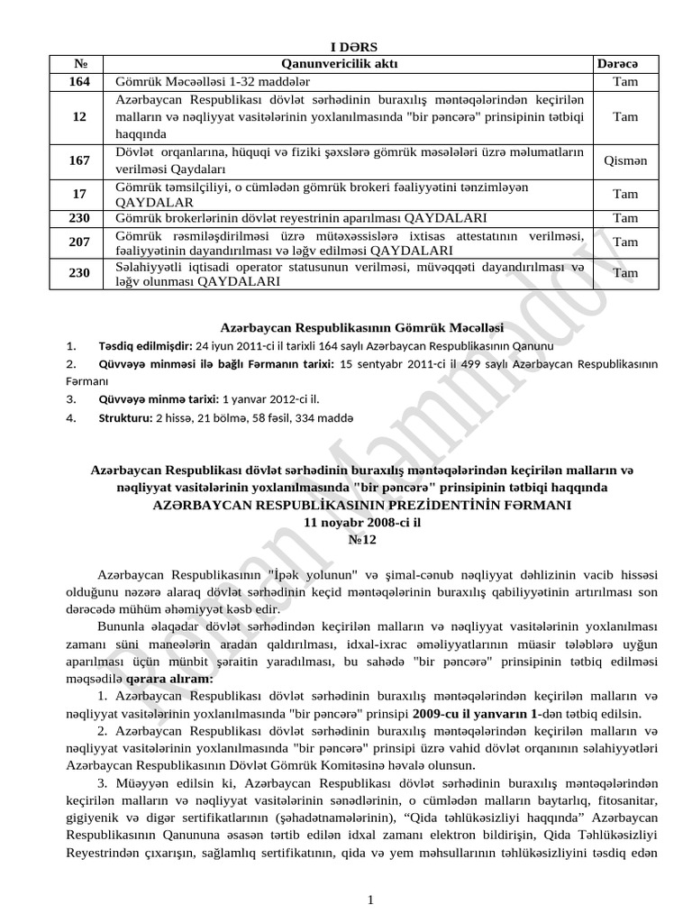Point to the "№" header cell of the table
79,64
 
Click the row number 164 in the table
79,81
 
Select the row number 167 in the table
79,160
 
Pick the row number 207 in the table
79,242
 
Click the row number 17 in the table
79,194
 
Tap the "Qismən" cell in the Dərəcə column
624,160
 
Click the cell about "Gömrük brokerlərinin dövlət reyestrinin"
302,218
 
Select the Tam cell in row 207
624,242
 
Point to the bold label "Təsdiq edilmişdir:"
145,346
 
